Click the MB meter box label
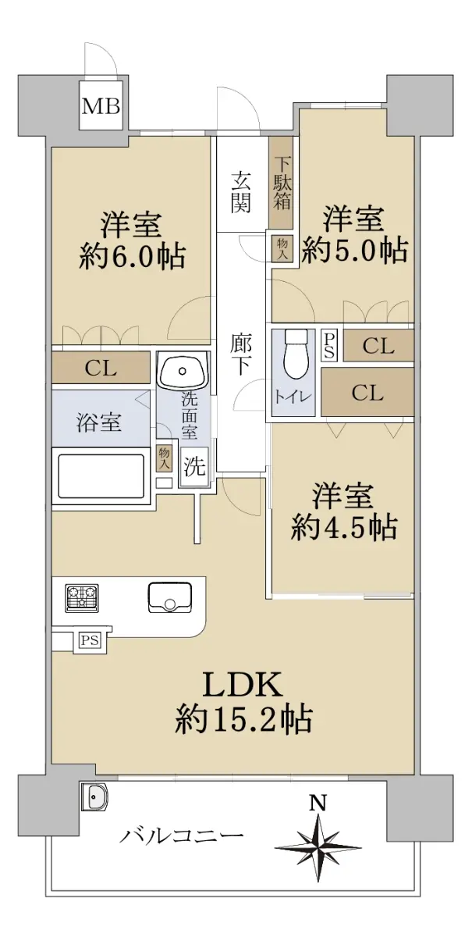point(101,106)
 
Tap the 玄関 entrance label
point(240,194)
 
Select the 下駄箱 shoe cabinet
point(282,183)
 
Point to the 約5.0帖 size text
point(354,250)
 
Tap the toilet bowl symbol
point(296,353)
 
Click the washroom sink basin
point(183,368)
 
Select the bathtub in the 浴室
point(101,476)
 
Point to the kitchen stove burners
point(82,599)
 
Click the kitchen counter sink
point(169,597)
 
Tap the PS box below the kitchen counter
point(90,640)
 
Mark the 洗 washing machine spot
point(194,466)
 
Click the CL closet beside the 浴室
point(101,368)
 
